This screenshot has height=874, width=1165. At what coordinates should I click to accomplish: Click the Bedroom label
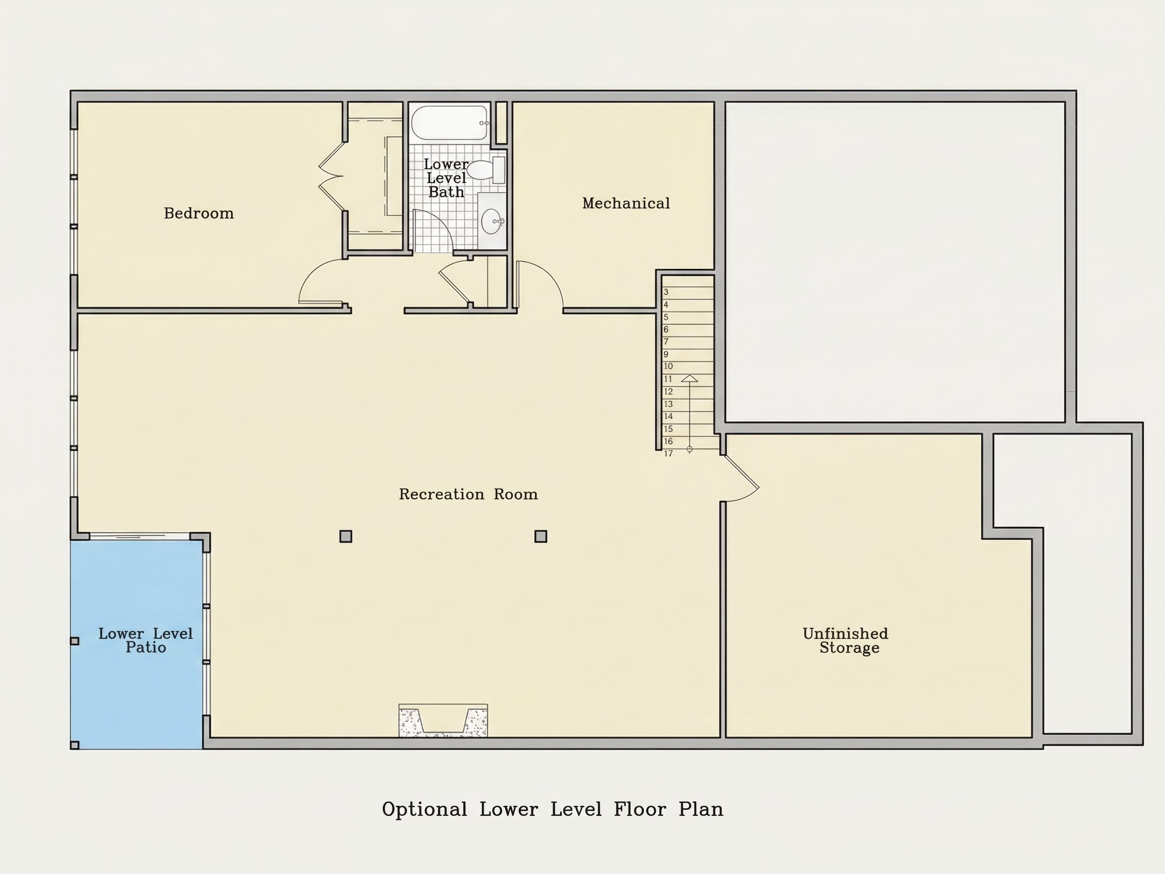click(199, 213)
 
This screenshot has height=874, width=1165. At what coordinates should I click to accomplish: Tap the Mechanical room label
click(625, 203)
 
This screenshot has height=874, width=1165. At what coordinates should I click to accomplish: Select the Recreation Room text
click(468, 494)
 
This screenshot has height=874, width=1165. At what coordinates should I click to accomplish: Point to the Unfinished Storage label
click(845, 641)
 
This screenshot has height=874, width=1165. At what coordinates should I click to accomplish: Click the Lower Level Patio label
click(145, 641)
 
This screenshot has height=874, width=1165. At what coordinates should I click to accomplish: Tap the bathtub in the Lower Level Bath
click(449, 123)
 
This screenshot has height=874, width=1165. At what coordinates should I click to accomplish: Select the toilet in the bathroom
click(485, 169)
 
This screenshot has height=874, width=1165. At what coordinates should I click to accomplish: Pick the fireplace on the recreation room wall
click(443, 720)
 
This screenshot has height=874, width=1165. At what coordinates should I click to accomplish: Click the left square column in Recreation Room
click(345, 536)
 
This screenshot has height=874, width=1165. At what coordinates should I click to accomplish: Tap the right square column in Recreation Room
click(541, 536)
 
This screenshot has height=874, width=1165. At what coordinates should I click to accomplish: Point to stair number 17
click(668, 454)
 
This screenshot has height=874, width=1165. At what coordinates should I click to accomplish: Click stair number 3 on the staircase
click(666, 292)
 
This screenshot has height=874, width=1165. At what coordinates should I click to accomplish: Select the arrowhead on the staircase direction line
click(689, 378)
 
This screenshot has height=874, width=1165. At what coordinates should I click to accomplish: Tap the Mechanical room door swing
click(541, 284)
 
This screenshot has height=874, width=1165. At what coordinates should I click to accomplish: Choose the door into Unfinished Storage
click(740, 478)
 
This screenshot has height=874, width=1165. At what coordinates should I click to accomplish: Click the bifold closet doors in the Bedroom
click(331, 176)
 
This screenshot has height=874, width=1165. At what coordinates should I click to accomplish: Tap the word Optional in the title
click(425, 809)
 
